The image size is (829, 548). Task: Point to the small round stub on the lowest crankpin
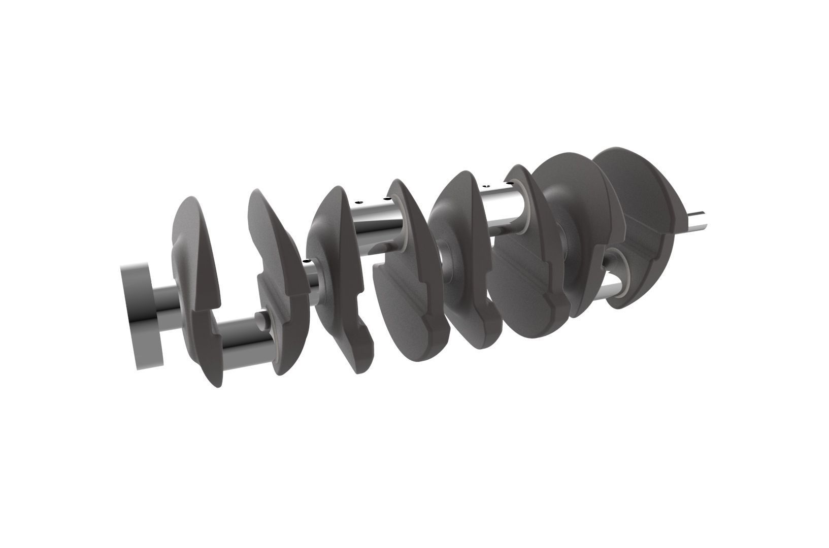click(260, 318)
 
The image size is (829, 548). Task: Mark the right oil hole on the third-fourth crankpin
click(387, 198)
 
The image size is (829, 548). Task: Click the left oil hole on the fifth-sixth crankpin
click(485, 186)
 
